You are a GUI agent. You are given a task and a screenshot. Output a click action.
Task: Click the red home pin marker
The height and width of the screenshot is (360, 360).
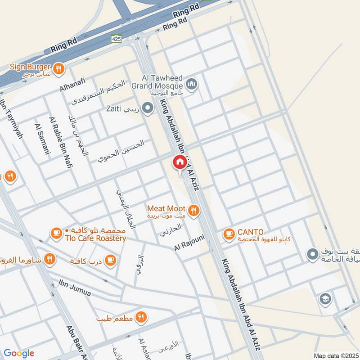click(x=179, y=162)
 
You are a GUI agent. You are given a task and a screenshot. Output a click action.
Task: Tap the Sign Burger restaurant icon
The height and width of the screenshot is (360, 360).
click(x=58, y=69)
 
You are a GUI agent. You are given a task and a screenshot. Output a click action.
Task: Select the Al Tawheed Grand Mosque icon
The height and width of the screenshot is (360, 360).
click(x=192, y=84)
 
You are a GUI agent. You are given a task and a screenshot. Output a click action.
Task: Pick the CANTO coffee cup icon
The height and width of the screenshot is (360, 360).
click(x=229, y=234)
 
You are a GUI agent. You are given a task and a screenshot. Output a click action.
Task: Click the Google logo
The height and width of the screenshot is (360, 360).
click(x=19, y=353)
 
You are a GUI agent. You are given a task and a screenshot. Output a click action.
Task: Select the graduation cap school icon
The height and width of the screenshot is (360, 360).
click(x=324, y=298)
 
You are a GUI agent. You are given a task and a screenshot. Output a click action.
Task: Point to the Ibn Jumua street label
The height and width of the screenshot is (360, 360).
click(x=75, y=288)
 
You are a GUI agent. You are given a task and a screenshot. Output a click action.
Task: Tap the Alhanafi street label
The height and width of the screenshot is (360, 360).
click(x=73, y=85)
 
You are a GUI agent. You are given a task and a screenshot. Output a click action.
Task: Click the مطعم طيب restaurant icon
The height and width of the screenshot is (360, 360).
click(x=141, y=317)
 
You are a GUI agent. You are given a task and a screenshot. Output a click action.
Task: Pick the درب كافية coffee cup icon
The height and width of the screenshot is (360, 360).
click(x=110, y=260)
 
